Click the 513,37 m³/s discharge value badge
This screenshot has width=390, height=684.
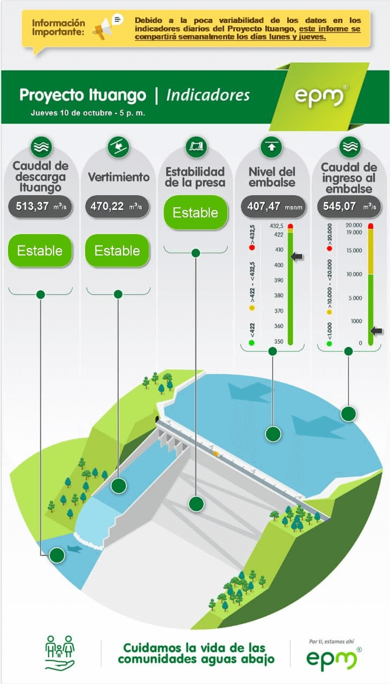pyautogui.click(x=40, y=206)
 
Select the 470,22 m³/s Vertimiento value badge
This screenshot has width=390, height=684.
pyautogui.click(x=117, y=206)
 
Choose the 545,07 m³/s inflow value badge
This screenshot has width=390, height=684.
pyautogui.click(x=349, y=206)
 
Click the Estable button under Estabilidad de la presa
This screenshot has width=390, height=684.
pyautogui.click(x=196, y=213)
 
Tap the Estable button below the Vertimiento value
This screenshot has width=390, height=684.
pyautogui.click(x=117, y=251)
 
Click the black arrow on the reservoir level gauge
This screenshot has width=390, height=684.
pyautogui.click(x=297, y=256)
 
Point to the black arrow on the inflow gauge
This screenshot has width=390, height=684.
pyautogui.click(x=376, y=331)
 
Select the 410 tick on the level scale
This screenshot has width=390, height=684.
pyautogui.click(x=279, y=250)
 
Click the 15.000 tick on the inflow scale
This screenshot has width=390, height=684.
pyautogui.click(x=354, y=251)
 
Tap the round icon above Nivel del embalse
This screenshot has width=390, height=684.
pyautogui.click(x=271, y=147)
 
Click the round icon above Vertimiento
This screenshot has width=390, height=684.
pyautogui.click(x=119, y=147)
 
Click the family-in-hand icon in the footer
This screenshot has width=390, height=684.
pyautogui.click(x=60, y=653)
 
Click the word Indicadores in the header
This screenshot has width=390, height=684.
pyautogui.click(x=208, y=95)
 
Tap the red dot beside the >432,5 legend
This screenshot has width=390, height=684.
pyautogui.click(x=252, y=247)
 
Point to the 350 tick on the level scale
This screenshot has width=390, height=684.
pyautogui.click(x=278, y=341)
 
